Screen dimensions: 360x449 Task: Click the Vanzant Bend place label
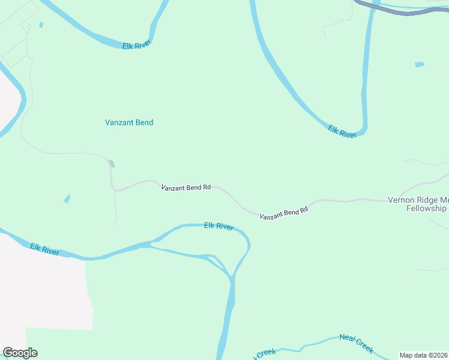tap(129, 122)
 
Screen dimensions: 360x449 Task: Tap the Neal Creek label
tap(357, 343)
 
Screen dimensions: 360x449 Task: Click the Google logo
tap(20, 353)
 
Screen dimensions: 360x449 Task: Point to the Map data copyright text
tap(424, 355)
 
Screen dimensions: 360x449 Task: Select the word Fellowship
tap(426, 209)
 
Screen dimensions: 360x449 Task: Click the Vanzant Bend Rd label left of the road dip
tap(186, 187)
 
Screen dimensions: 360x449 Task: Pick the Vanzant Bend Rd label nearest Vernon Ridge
tap(284, 212)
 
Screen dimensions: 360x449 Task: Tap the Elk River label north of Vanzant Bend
tap(136, 45)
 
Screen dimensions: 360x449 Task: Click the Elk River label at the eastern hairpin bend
tap(342, 131)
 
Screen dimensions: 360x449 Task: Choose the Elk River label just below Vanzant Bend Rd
tap(218, 226)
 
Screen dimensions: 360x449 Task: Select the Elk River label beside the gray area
tap(45, 249)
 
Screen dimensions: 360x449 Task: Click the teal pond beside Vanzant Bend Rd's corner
tap(111, 163)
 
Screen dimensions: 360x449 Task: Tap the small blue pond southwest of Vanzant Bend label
tap(67, 199)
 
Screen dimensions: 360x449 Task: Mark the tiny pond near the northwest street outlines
tap(41, 25)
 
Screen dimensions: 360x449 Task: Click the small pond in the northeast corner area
tap(419, 64)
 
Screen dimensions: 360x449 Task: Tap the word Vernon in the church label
tap(401, 200)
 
